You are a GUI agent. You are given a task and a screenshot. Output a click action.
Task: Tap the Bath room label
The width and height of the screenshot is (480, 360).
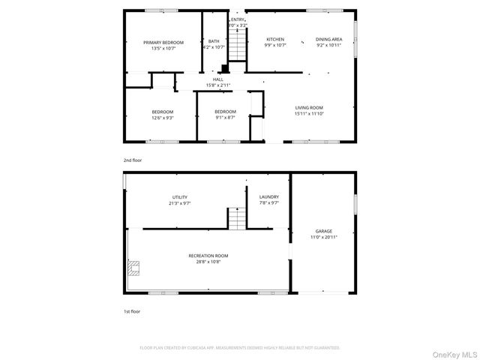tap(214, 43)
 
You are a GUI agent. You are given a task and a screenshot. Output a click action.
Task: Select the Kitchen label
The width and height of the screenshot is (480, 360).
tap(276, 42)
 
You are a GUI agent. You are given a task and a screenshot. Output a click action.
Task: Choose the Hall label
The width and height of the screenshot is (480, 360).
tap(218, 82)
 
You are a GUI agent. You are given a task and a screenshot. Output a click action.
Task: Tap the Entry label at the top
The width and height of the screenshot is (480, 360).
tap(238, 22)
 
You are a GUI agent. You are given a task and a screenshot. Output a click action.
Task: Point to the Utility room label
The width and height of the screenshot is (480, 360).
tap(180, 199)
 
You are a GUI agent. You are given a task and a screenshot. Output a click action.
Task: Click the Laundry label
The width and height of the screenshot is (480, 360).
tap(269, 199)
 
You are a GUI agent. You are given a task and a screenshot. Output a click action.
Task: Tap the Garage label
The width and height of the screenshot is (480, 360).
tap(324, 234)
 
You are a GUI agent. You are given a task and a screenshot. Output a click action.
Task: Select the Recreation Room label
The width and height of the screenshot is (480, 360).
tap(212, 259)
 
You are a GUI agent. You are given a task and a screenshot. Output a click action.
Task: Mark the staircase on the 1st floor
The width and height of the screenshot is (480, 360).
tap(237, 219)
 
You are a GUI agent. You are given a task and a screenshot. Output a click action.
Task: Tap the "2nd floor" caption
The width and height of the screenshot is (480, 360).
tap(132, 160)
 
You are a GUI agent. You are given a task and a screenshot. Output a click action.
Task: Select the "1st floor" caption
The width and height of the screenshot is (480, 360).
tap(132, 310)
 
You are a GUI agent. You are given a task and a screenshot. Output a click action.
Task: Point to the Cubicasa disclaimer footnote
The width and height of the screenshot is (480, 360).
tap(240, 348)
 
